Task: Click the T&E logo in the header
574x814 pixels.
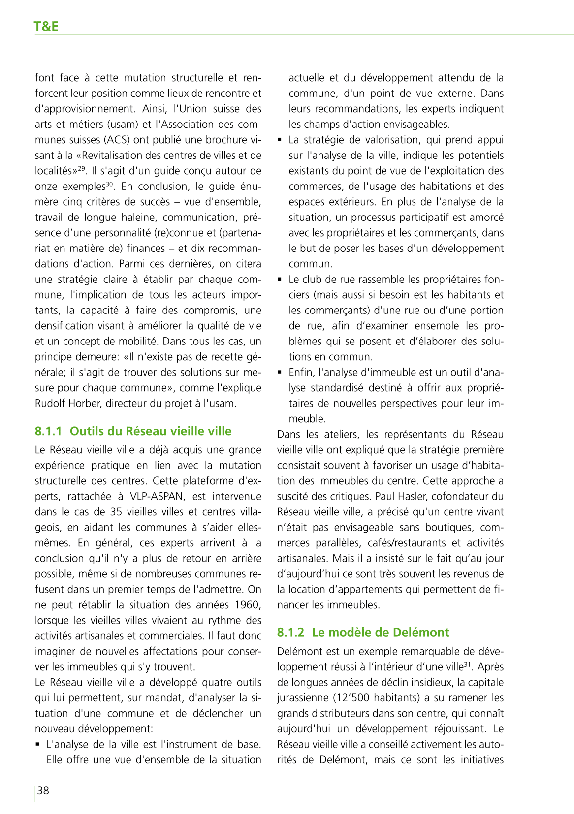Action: click(46, 26)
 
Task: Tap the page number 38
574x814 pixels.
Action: click(43, 790)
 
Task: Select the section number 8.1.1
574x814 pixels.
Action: click(48, 431)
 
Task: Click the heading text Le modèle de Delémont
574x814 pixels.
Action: click(381, 632)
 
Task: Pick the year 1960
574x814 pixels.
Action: click(246, 605)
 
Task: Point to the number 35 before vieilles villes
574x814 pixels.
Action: click(116, 512)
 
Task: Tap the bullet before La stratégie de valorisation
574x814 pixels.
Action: click(280, 140)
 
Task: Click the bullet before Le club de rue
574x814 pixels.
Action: click(280, 280)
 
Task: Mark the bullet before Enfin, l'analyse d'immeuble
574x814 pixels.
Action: click(280, 373)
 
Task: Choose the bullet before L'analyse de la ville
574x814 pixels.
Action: click(37, 745)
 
